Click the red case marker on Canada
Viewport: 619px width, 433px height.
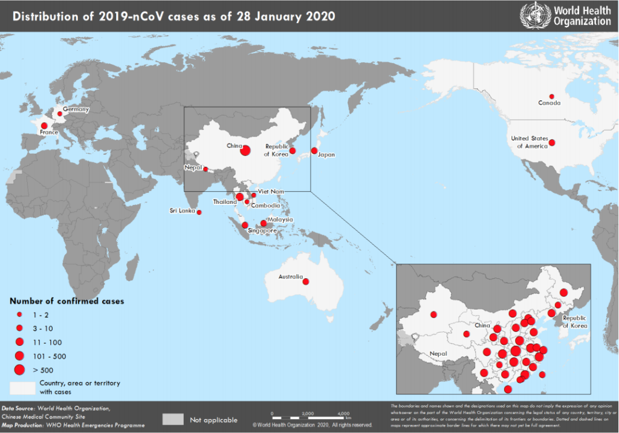coord(551,96)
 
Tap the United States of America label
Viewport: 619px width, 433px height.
coord(529,142)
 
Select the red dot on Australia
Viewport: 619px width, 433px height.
coord(305,281)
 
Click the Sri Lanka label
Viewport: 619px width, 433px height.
coord(182,211)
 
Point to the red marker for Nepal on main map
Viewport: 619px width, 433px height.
coord(206,169)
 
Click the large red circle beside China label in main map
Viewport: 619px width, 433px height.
coord(245,150)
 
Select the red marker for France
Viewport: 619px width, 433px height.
coord(44,125)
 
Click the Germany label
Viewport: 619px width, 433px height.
coord(76,109)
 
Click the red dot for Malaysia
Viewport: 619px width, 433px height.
coord(264,223)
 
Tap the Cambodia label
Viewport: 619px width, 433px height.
coord(265,206)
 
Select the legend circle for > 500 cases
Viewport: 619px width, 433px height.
coord(19,370)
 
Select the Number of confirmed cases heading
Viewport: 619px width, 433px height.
coord(66,301)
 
